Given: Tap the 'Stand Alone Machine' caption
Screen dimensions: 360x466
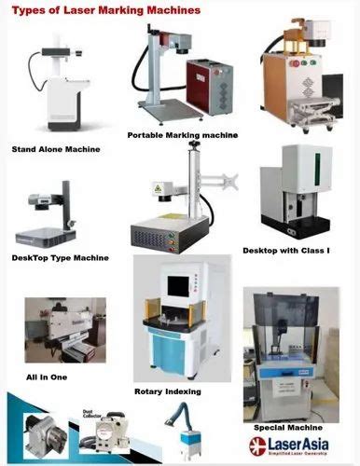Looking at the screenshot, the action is tap(55, 148).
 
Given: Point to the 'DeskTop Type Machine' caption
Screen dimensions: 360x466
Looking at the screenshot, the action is tap(60, 257).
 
